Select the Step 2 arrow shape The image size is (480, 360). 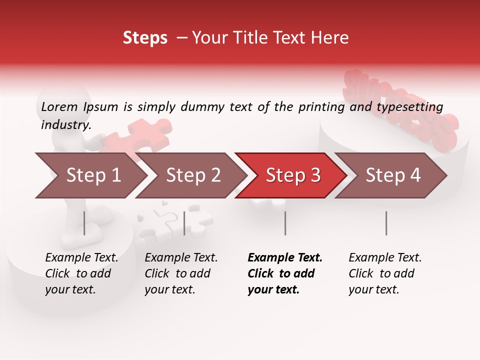[192, 175]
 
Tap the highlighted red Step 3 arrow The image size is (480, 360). [292, 175]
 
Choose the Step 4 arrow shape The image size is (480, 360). [392, 175]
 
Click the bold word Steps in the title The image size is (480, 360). [145, 38]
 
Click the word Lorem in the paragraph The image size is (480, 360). [58, 106]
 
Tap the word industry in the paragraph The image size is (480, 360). [65, 124]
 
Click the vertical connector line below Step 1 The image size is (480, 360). [84, 223]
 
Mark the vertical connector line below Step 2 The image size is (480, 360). [184, 223]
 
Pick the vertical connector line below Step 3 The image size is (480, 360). [285, 223]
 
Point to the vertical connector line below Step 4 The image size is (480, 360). [386, 223]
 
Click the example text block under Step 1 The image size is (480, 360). [81, 273]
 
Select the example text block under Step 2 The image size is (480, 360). [181, 273]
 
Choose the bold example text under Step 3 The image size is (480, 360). [285, 273]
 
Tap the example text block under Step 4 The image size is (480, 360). [385, 273]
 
